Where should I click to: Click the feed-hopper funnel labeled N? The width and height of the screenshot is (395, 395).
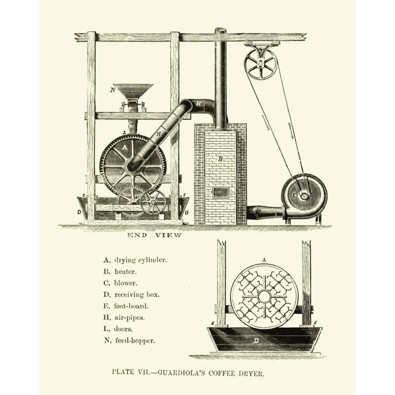click(x=132, y=91)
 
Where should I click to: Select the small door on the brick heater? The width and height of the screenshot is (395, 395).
click(x=220, y=193)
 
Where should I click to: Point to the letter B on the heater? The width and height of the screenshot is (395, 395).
click(x=221, y=159)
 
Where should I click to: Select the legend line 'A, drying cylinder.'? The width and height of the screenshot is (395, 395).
click(x=135, y=260)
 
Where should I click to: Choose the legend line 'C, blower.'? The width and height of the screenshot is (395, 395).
click(x=120, y=283)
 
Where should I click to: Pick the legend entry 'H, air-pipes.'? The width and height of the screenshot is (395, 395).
click(x=123, y=317)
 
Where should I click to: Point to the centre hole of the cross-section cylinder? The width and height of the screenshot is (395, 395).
click(x=264, y=297)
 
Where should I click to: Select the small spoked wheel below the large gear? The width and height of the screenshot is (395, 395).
click(x=153, y=201)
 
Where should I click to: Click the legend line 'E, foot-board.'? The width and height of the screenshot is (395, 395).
click(x=125, y=306)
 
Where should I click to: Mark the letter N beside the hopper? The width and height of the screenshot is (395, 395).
click(x=113, y=90)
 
